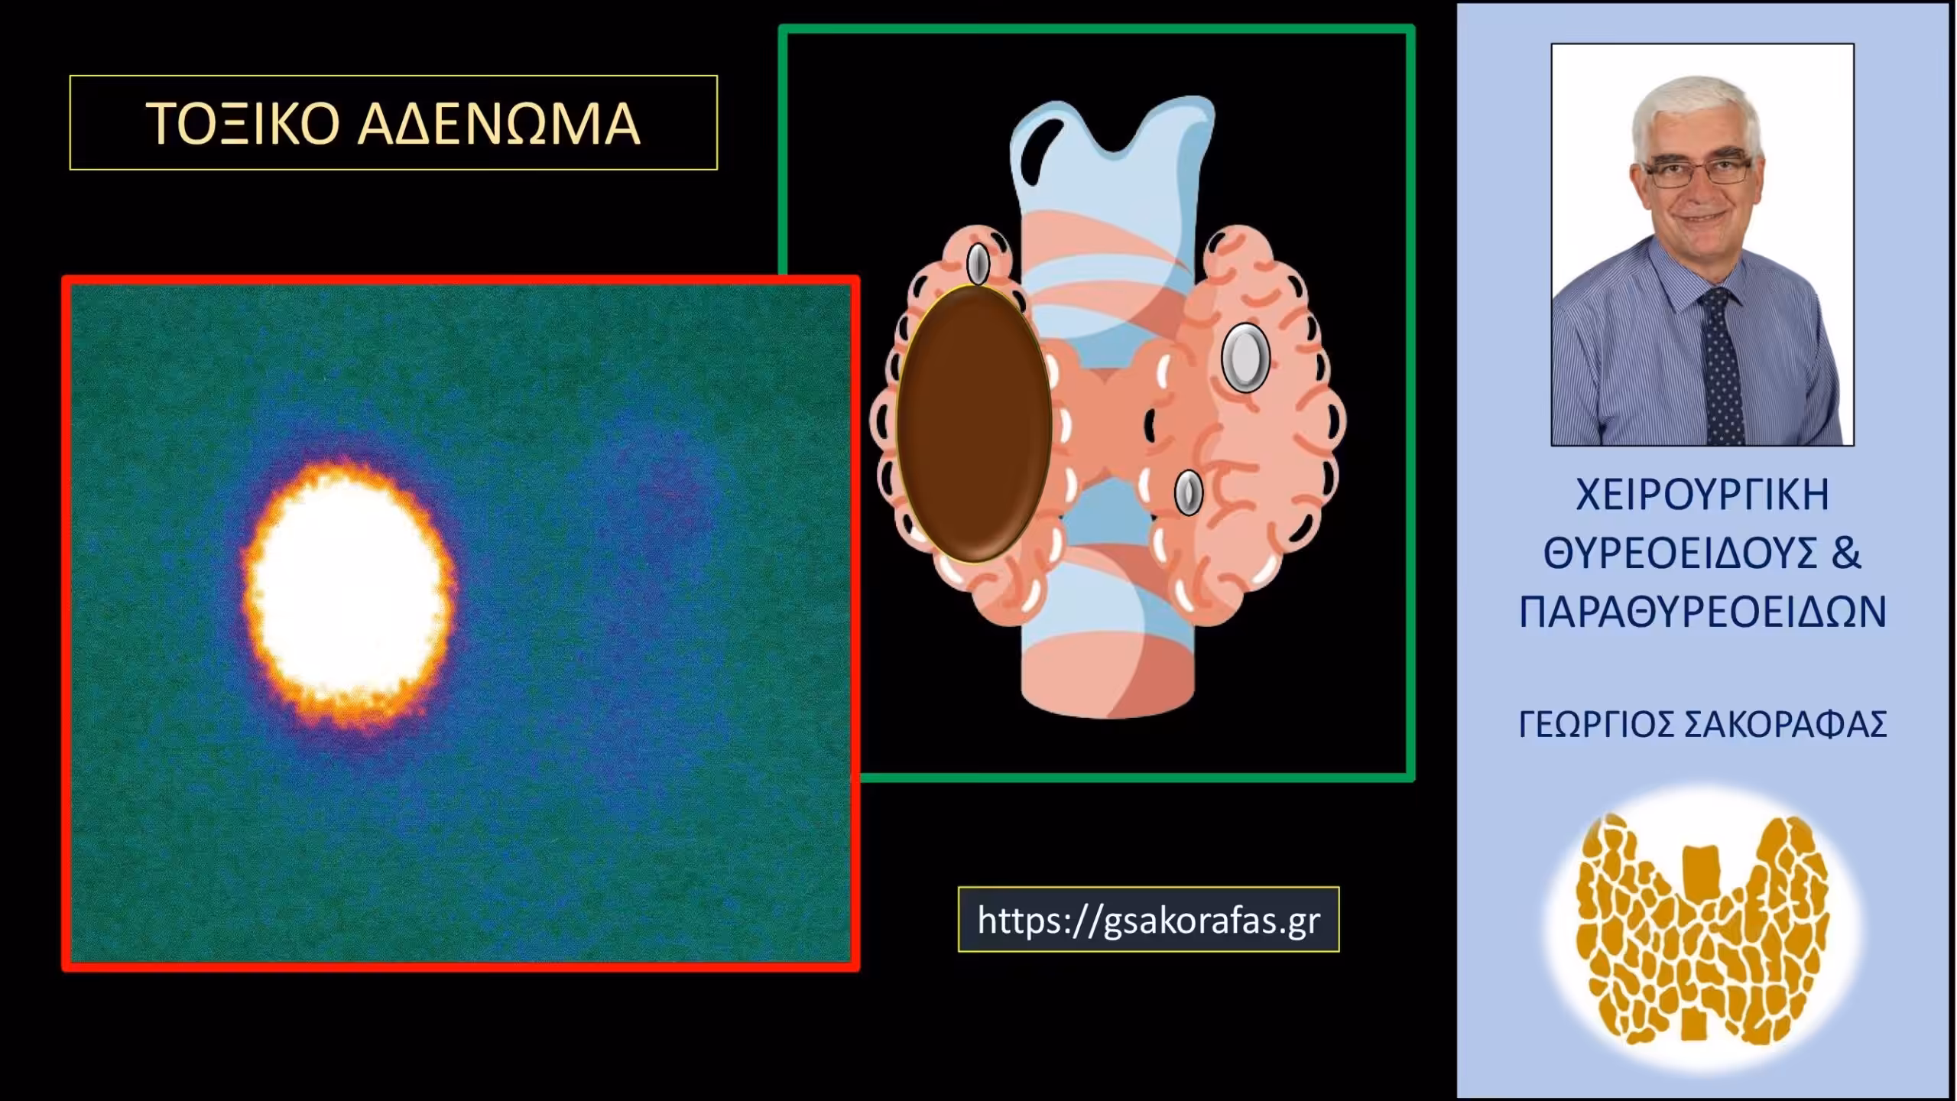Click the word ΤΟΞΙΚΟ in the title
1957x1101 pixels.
242,124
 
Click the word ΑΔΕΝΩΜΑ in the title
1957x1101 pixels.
499,124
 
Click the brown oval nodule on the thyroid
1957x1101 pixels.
974,424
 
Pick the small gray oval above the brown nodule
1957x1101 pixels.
978,264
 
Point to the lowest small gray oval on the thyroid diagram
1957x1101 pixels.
1188,492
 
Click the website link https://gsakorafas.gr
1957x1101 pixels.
1148,920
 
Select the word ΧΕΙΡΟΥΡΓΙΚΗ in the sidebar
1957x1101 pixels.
1702,495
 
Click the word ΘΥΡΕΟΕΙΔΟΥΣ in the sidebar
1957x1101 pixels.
1680,554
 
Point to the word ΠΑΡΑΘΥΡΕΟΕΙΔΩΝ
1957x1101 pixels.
1702,612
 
